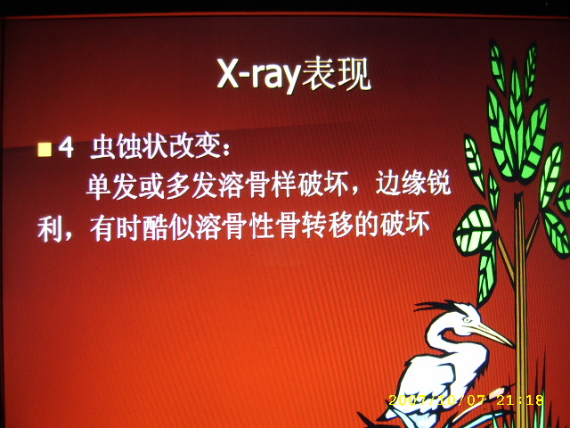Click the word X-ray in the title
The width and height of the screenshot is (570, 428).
point(258,75)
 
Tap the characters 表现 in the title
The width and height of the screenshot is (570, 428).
point(337,74)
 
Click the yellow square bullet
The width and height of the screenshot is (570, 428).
point(45,149)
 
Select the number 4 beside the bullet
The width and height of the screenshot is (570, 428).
point(66,148)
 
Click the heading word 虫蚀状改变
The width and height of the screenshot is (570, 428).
point(156,146)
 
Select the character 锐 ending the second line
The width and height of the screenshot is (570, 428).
point(439,182)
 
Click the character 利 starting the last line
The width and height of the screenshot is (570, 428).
point(50,230)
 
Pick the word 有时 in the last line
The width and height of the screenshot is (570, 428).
point(116,228)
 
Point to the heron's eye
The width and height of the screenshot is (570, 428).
point(468,320)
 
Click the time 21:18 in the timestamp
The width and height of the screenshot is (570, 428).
point(520,400)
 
